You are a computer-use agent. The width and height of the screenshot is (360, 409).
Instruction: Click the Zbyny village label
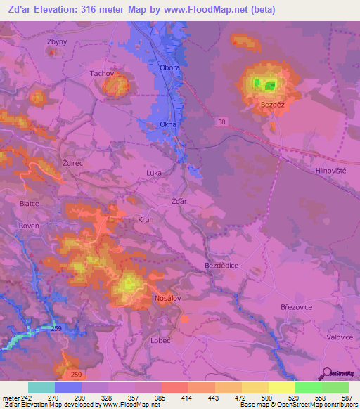pyautogui.click(x=57, y=41)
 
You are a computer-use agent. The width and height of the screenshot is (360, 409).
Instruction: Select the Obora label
pyautogui.click(x=170, y=68)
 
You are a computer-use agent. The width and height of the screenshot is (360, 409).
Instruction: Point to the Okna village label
pyautogui.click(x=168, y=124)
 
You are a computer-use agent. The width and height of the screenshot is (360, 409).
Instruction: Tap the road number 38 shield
pyautogui.click(x=222, y=122)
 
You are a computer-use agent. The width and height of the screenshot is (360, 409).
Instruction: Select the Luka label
pyautogui.click(x=154, y=172)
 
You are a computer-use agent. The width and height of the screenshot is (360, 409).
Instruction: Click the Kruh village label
pyautogui.click(x=146, y=219)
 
